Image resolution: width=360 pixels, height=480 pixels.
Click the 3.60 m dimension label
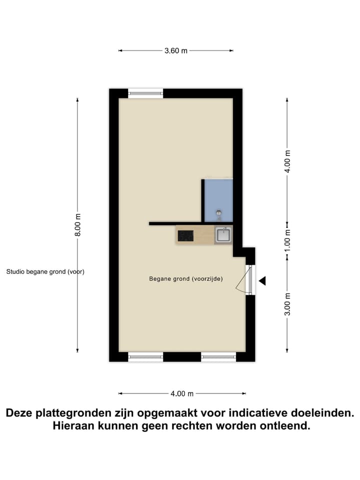[175, 50]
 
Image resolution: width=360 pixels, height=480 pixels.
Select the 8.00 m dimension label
[78, 225]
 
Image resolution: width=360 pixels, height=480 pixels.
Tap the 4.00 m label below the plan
[182, 393]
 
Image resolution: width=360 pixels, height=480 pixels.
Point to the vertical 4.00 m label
[287, 161]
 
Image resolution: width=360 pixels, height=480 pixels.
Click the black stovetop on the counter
[186, 235]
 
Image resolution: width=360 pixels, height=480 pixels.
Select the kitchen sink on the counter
[223, 234]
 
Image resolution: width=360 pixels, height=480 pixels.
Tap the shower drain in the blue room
[218, 213]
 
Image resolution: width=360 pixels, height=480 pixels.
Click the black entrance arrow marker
[262, 281]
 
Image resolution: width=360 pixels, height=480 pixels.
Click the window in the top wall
[145, 93]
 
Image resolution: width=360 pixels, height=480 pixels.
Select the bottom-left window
[145, 356]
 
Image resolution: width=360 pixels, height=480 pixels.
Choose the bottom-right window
[218, 356]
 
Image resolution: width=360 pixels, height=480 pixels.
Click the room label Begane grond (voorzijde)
[185, 279]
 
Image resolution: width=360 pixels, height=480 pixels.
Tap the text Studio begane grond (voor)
[45, 272]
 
